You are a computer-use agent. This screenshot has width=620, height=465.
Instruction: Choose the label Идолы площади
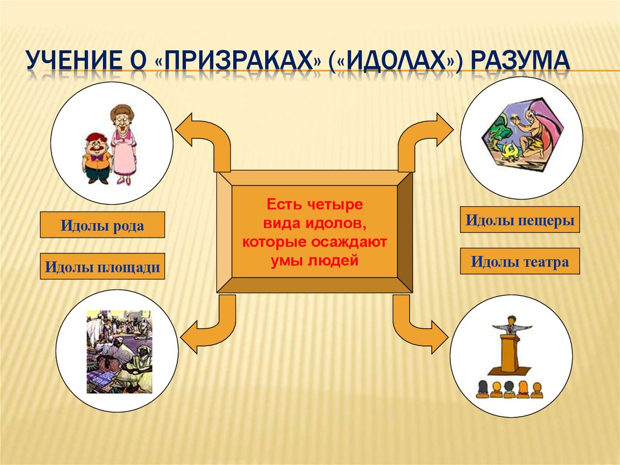pyautogui.click(x=102, y=267)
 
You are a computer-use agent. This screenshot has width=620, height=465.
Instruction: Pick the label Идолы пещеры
pyautogui.click(x=520, y=220)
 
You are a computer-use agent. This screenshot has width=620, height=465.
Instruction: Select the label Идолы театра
pyautogui.click(x=520, y=261)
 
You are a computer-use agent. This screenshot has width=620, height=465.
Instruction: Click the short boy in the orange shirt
pyautogui.click(x=97, y=157)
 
